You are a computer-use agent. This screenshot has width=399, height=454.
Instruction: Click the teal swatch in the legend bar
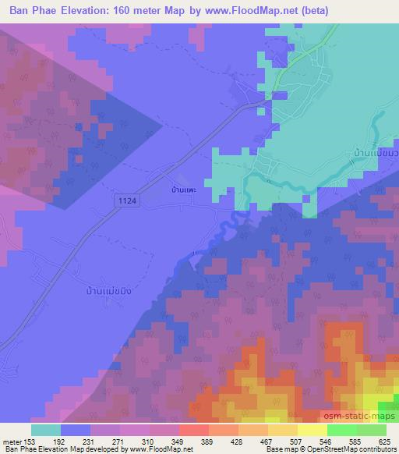(x=45, y=430)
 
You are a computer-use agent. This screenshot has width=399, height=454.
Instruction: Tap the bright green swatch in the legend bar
(x=341, y=430)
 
